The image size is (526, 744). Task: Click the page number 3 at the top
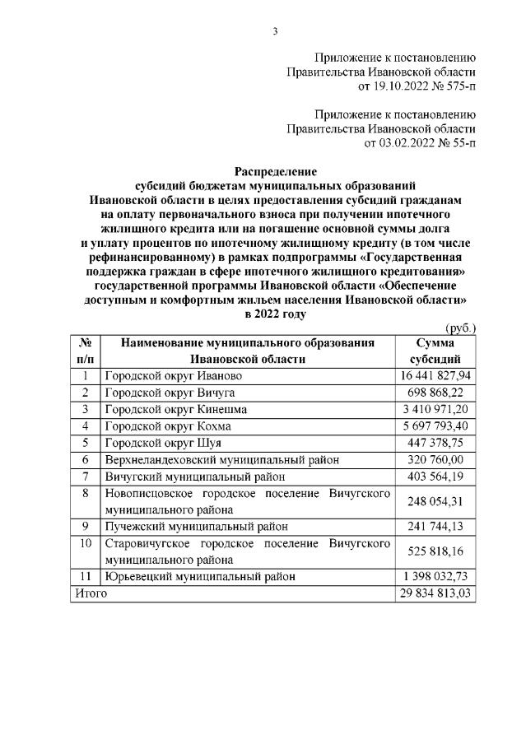[276, 31]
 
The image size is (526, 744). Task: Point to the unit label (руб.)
[459, 328]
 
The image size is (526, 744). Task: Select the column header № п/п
[85, 351]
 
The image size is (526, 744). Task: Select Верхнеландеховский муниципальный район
[221, 460]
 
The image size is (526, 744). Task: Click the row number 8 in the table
[85, 494]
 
